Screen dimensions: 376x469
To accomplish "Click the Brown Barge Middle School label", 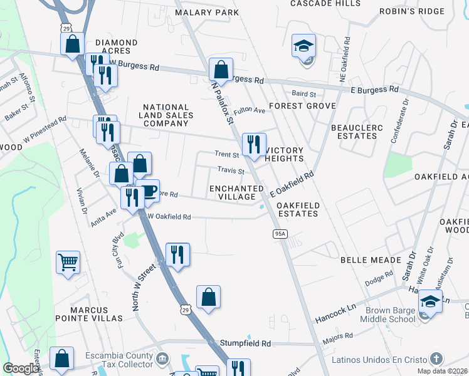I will (x=387, y=314).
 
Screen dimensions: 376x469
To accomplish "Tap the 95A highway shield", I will (x=280, y=234).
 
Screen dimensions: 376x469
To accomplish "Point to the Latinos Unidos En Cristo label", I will (x=384, y=359).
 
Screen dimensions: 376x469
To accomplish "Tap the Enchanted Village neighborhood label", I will (x=236, y=192).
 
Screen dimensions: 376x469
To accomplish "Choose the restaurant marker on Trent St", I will (x=254, y=145).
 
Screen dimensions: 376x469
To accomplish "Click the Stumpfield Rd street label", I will (x=245, y=344).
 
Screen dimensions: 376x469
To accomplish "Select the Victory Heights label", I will (x=284, y=154).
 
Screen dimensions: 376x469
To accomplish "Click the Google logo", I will (x=21, y=368).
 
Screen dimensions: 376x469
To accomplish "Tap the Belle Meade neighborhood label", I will (x=370, y=259).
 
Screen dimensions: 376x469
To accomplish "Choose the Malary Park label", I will (x=207, y=13).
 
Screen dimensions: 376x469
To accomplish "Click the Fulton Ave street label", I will (x=250, y=111).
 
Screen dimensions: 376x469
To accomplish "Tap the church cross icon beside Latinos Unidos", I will (x=437, y=359).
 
